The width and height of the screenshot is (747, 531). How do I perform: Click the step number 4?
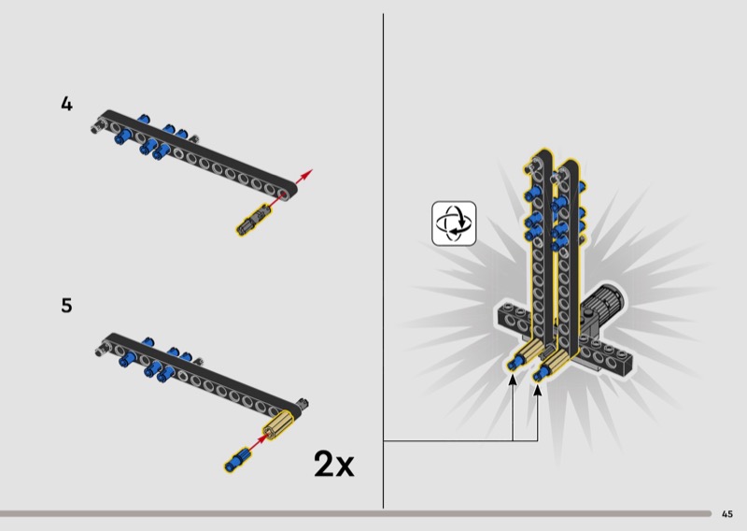66,104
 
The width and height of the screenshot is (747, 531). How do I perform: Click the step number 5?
66,306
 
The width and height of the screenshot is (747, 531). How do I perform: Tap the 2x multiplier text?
334,464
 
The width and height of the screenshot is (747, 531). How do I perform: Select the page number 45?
727,514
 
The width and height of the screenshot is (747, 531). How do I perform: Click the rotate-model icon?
454,223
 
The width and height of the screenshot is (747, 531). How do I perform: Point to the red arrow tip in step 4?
311,170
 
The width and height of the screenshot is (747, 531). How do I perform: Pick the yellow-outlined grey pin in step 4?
252,220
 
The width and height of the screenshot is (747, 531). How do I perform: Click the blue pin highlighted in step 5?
236,460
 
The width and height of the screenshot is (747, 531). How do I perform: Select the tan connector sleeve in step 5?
279,423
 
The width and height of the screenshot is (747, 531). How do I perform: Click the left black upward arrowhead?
513,380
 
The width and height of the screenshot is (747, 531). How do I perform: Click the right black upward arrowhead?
538,390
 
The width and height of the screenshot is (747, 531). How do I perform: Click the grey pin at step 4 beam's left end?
98,125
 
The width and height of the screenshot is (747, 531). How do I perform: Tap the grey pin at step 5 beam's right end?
302,405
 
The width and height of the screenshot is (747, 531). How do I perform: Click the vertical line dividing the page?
383,261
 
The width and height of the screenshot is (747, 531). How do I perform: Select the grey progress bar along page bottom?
356,513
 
